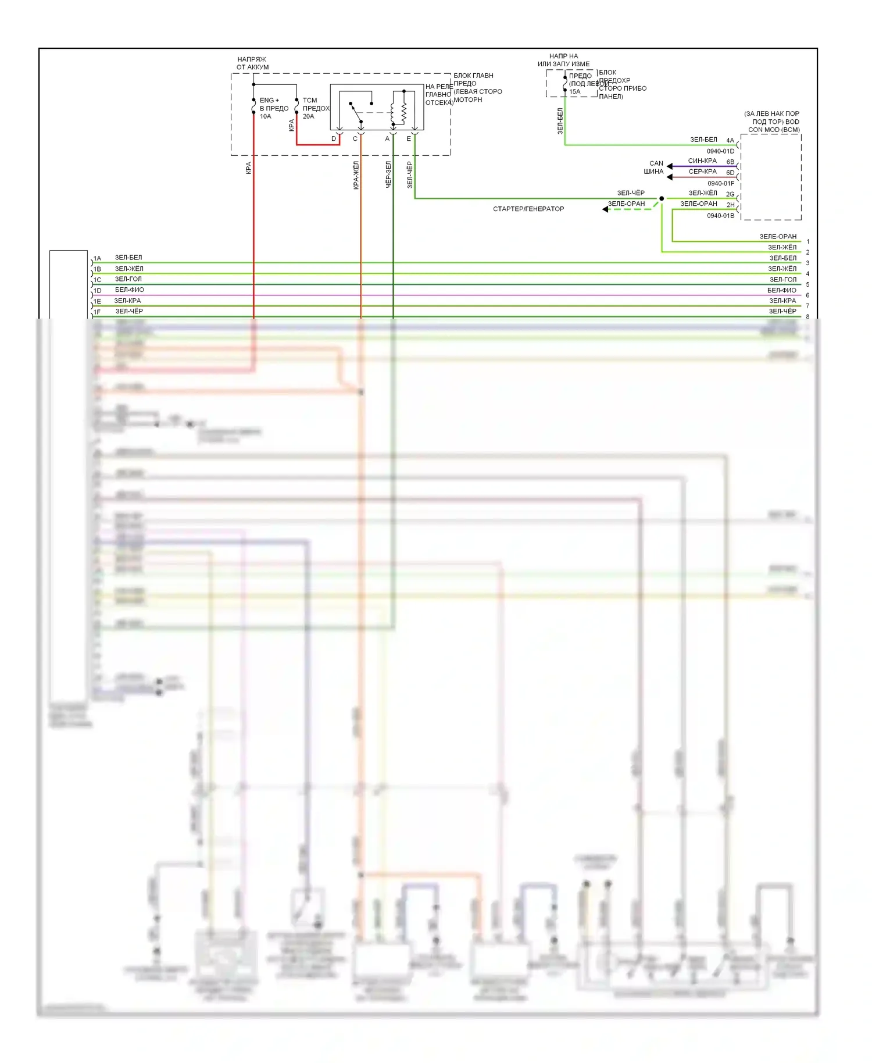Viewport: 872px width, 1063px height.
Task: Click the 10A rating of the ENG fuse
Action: pyautogui.click(x=265, y=116)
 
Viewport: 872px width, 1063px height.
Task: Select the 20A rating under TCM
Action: pyautogui.click(x=308, y=116)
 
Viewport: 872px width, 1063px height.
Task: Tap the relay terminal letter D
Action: pyautogui.click(x=334, y=139)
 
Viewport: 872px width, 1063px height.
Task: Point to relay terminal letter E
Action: pyautogui.click(x=409, y=139)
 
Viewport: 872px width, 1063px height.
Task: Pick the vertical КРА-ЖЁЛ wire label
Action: pyautogui.click(x=356, y=175)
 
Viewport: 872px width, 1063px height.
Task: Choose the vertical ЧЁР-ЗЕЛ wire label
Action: pyautogui.click(x=388, y=174)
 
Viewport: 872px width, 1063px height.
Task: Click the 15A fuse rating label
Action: pyautogui.click(x=574, y=92)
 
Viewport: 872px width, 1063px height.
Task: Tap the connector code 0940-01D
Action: pyautogui.click(x=720, y=151)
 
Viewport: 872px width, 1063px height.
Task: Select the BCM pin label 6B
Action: pyautogui.click(x=730, y=162)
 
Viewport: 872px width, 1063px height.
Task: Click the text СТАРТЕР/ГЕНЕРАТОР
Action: pyautogui.click(x=528, y=209)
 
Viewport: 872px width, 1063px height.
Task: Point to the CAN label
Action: pyautogui.click(x=656, y=163)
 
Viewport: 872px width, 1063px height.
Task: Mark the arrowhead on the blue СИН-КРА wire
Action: pyautogui.click(x=670, y=166)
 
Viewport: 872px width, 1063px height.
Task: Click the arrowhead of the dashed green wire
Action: pyautogui.click(x=605, y=209)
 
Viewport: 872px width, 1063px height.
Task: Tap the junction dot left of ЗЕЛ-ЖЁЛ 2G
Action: pyautogui.click(x=662, y=198)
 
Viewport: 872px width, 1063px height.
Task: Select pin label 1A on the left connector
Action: pyautogui.click(x=97, y=258)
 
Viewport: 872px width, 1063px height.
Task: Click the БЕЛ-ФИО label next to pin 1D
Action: pyautogui.click(x=129, y=290)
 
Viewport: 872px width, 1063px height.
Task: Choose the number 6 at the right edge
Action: pyautogui.click(x=807, y=295)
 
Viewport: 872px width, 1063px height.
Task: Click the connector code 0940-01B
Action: pyautogui.click(x=720, y=216)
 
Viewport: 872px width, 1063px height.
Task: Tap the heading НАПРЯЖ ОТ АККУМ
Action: pyautogui.click(x=252, y=63)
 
